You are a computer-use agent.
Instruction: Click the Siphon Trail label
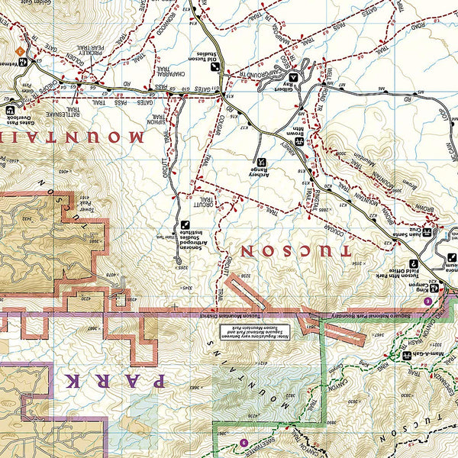159,114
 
